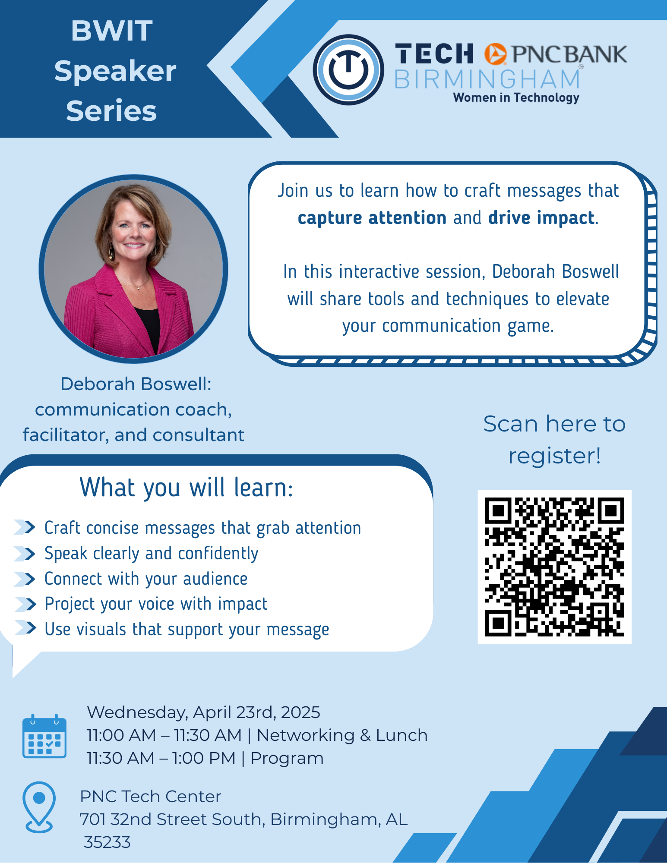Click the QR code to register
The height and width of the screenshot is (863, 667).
(554, 567)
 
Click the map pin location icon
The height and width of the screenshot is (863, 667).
(39, 807)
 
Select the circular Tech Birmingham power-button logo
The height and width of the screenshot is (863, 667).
(348, 70)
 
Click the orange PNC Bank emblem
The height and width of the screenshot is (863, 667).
(495, 54)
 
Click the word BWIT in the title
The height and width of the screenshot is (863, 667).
(112, 31)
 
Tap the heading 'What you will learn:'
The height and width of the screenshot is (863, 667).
(187, 488)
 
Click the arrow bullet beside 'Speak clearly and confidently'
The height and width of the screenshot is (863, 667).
(25, 554)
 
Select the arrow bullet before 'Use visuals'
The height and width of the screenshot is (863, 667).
(25, 628)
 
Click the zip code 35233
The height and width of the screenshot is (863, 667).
(107, 842)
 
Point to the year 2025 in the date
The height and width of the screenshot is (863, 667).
(300, 712)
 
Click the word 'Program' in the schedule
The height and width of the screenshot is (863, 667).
(287, 759)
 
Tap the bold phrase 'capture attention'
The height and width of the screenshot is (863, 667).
(372, 217)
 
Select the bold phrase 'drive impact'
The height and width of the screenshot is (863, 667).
(541, 217)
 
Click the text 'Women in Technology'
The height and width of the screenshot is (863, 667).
(516, 98)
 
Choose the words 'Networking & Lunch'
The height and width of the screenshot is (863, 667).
(342, 735)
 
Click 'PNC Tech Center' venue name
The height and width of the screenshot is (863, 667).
(151, 797)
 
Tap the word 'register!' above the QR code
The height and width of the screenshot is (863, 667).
(555, 456)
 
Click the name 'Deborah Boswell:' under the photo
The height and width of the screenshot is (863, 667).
(136, 384)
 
